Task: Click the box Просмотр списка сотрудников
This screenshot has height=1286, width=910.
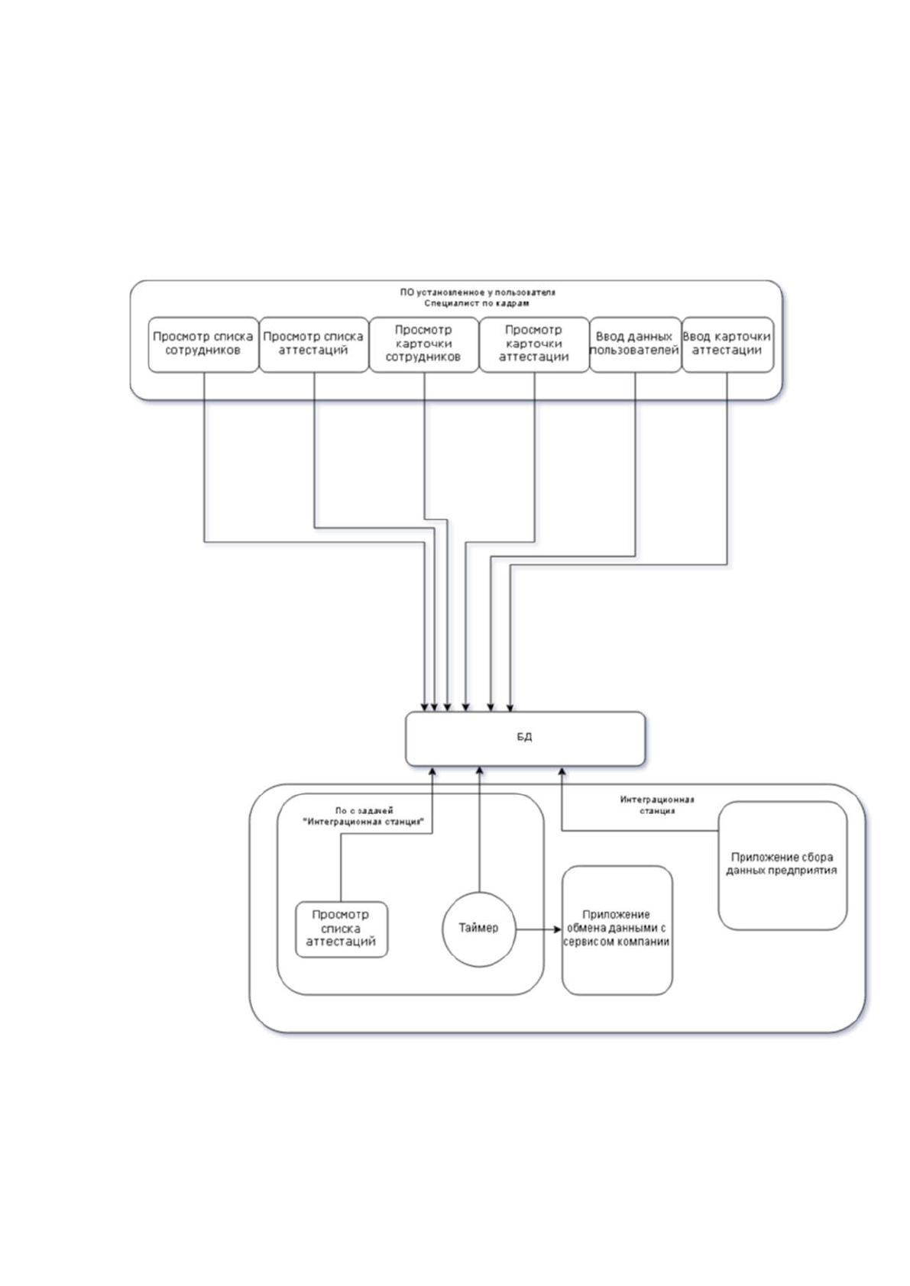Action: pyautogui.click(x=203, y=344)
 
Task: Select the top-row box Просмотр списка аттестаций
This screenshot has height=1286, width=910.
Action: pyautogui.click(x=314, y=344)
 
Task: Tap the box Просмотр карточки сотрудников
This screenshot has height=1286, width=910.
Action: pyautogui.click(x=424, y=344)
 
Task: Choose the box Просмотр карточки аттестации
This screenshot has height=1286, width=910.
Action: pyautogui.click(x=534, y=344)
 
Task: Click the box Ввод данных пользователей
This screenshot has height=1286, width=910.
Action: pyautogui.click(x=636, y=344)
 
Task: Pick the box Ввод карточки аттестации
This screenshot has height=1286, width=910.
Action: pyautogui.click(x=727, y=344)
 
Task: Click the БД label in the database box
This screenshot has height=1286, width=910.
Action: pyautogui.click(x=524, y=737)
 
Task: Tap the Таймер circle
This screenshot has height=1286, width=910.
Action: pyautogui.click(x=478, y=929)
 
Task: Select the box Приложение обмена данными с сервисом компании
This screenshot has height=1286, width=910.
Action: pyautogui.click(x=617, y=930)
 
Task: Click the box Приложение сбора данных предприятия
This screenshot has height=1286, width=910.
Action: pyautogui.click(x=782, y=866)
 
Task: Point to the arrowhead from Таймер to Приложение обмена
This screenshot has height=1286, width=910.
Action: pyautogui.click(x=557, y=929)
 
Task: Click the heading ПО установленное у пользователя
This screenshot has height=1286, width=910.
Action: pyautogui.click(x=478, y=292)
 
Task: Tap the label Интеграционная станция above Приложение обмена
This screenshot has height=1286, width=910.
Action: pyautogui.click(x=657, y=806)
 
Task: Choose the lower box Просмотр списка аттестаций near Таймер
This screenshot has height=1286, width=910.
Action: pyautogui.click(x=342, y=929)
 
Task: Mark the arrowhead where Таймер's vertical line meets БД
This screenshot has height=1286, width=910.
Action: pyautogui.click(x=479, y=771)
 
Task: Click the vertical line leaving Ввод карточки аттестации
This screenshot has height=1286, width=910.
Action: pyautogui.click(x=727, y=468)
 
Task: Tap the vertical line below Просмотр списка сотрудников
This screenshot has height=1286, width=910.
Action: pyautogui.click(x=205, y=457)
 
